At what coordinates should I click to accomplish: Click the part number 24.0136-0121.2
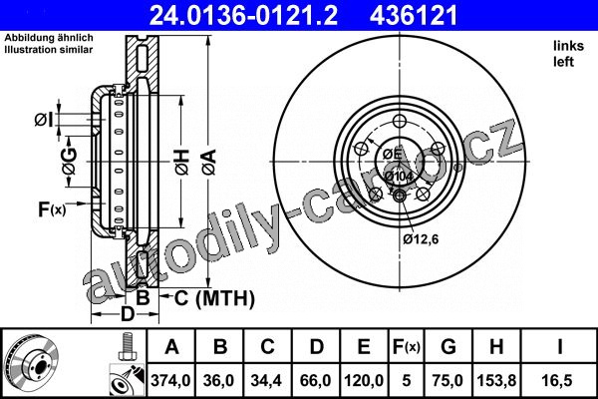click(243, 15)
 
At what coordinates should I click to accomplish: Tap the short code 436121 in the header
click(414, 15)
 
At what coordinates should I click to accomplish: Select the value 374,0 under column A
click(170, 380)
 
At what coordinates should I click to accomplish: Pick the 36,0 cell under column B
click(219, 380)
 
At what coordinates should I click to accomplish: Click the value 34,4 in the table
click(266, 380)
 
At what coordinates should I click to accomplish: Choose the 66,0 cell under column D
click(315, 380)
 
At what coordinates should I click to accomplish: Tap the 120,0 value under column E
click(364, 380)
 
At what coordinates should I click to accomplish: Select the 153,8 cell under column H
click(496, 380)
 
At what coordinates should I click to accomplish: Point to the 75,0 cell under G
click(448, 380)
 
